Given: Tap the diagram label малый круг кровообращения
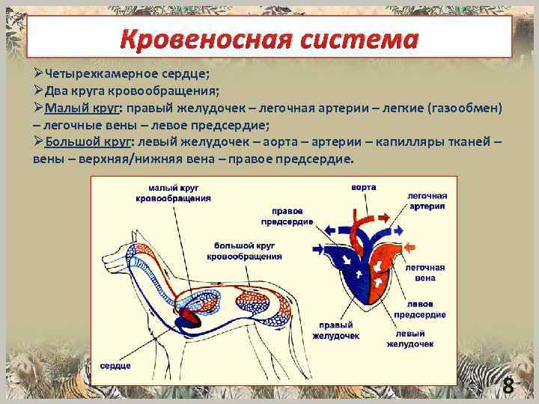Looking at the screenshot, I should tap(173, 194).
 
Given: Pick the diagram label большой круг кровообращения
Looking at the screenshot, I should tap(248, 251).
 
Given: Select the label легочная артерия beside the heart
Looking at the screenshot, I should tap(427, 200).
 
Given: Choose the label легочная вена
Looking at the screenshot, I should tap(424, 272).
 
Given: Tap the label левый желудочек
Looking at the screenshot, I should tap(410, 338).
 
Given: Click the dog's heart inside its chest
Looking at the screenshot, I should tap(187, 321).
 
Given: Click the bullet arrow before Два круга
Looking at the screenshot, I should tap(38, 90).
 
